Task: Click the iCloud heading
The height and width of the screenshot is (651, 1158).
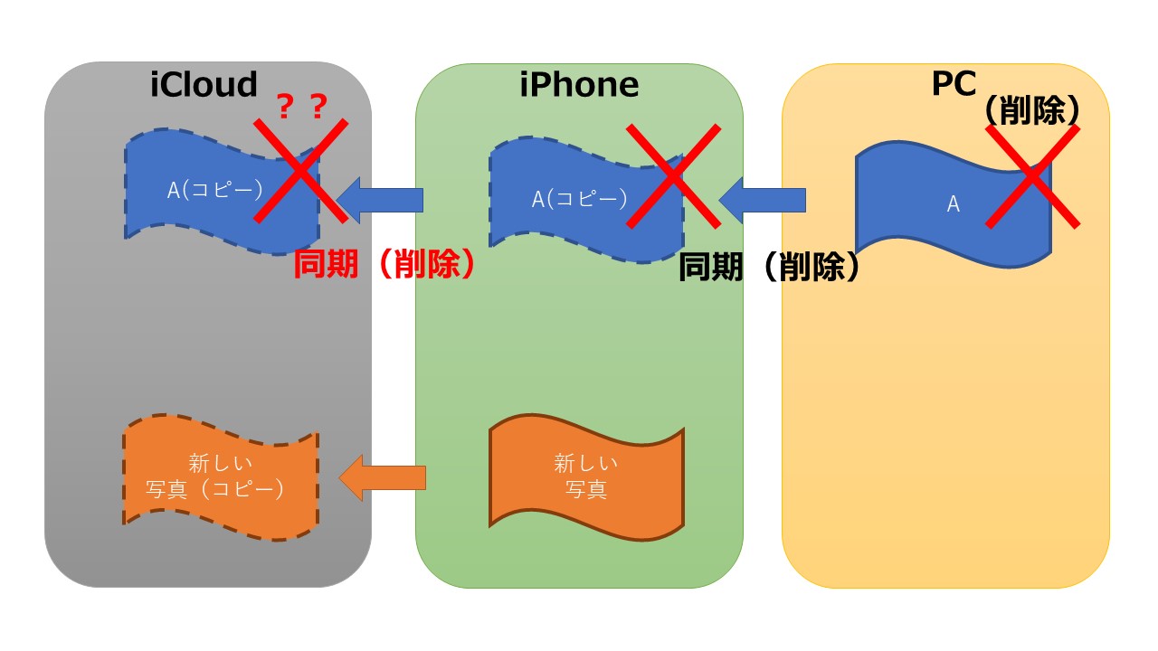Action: coord(204,84)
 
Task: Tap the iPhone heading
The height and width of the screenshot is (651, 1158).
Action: coord(579,84)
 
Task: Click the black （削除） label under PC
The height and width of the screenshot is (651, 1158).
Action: coord(1031,110)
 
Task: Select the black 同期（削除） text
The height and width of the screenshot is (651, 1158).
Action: coord(769,267)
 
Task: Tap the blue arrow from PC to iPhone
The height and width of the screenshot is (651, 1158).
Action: coord(762,200)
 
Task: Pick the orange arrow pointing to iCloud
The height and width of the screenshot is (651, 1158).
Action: coord(382,477)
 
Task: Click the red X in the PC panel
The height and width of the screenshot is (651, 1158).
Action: coord(1032,175)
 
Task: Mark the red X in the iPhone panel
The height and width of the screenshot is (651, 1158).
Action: coord(673,175)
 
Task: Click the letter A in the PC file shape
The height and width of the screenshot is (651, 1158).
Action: coord(953,204)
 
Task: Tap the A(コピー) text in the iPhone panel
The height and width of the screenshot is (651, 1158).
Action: coord(579,199)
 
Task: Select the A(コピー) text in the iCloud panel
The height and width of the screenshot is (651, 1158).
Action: coord(214,190)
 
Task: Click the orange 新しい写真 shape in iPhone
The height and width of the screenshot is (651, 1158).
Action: coord(586,476)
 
